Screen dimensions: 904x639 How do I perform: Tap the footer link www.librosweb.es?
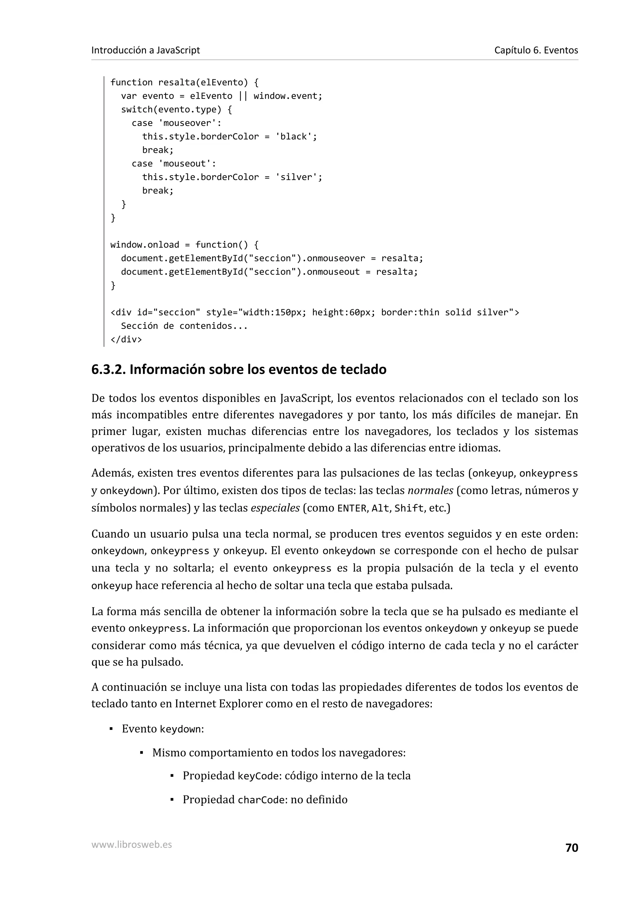[x=131, y=844]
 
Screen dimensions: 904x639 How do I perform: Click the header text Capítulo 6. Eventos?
[x=536, y=50]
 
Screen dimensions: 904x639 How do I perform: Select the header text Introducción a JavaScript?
[x=145, y=50]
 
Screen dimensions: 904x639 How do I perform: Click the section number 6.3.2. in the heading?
[x=108, y=369]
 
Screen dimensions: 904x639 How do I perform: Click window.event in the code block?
[x=287, y=96]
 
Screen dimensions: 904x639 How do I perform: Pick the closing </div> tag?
[x=126, y=339]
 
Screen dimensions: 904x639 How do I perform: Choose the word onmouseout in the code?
[x=333, y=272]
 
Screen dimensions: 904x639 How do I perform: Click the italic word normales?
[x=430, y=491]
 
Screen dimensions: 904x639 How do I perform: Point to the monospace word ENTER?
[x=352, y=508]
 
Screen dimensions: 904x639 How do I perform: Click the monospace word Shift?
[x=409, y=508]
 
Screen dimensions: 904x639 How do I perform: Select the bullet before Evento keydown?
[x=111, y=729]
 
